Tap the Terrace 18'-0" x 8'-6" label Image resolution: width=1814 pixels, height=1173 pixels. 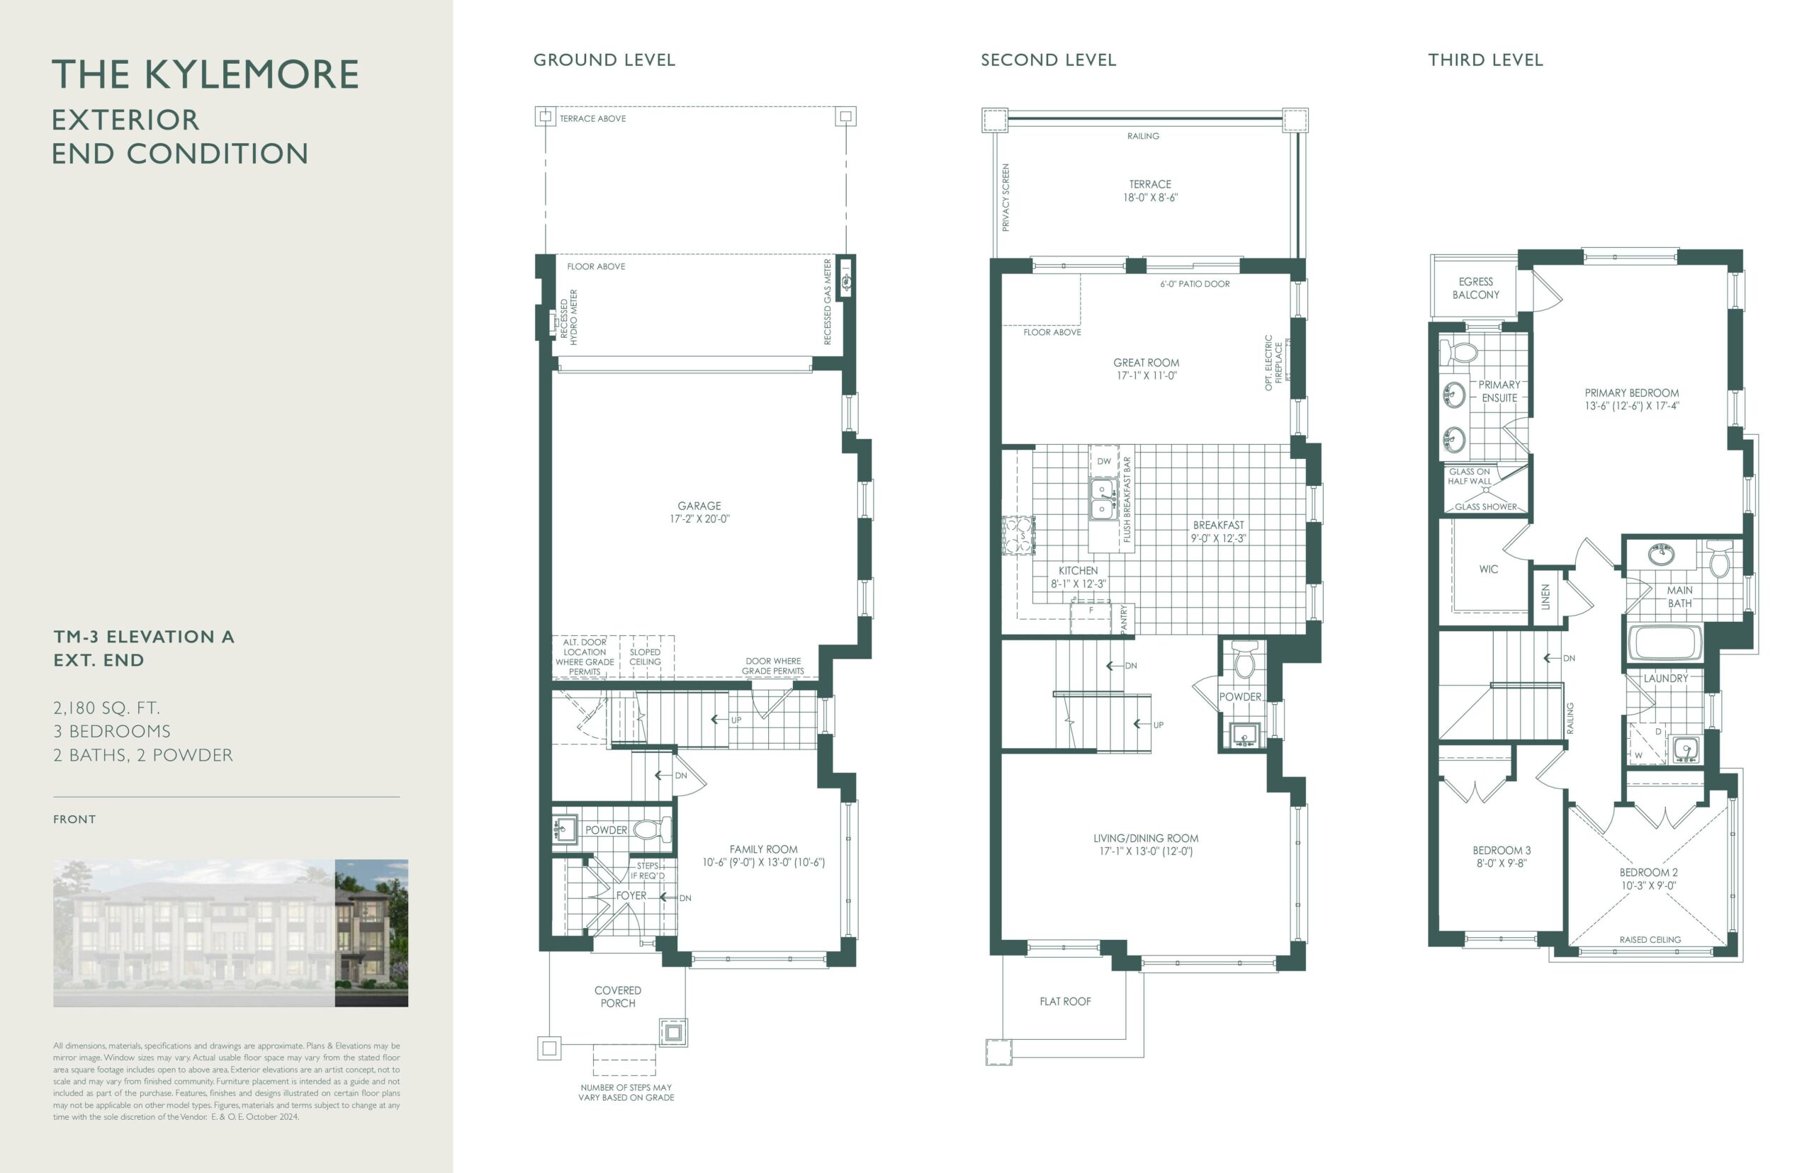1149,191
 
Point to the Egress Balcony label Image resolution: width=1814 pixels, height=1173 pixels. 1475,288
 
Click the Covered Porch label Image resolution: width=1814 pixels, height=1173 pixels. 618,997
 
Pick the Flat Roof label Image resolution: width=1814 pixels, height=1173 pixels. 1065,1002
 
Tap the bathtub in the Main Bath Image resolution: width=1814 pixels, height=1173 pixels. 1664,643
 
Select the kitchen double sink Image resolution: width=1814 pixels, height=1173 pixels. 1102,499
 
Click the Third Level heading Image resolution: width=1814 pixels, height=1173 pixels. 1485,60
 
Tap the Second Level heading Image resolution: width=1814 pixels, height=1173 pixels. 1047,60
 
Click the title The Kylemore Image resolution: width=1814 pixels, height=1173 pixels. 205,74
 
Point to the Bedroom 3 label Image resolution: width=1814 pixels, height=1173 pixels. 1501,856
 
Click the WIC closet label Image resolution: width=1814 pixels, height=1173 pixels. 1488,569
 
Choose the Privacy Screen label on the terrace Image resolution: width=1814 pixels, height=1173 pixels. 1005,198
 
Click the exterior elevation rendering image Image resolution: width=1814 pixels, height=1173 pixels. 230,933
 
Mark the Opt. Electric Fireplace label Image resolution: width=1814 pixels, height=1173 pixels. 1273,363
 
